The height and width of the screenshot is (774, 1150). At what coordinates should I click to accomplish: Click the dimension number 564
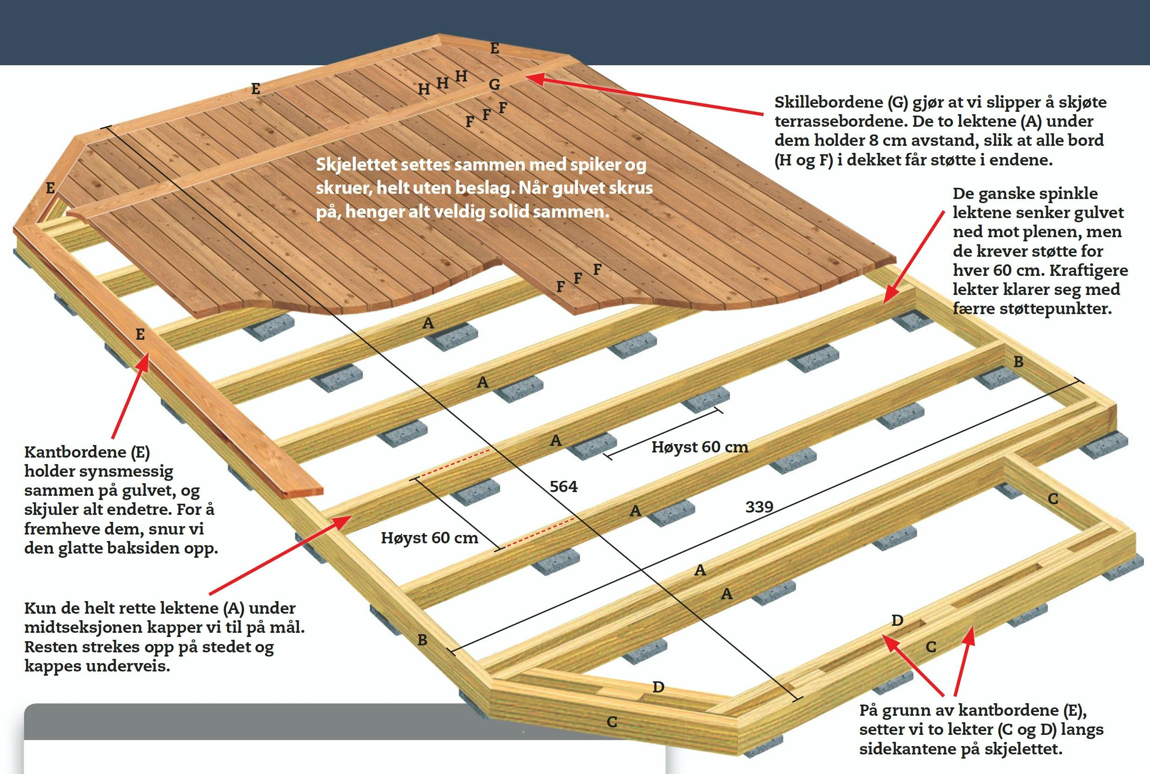(564, 486)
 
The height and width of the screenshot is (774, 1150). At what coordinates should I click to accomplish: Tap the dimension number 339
(759, 507)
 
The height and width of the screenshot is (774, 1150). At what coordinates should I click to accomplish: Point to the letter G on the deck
(494, 84)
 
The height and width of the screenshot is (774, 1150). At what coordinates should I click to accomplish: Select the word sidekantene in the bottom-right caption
(904, 748)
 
